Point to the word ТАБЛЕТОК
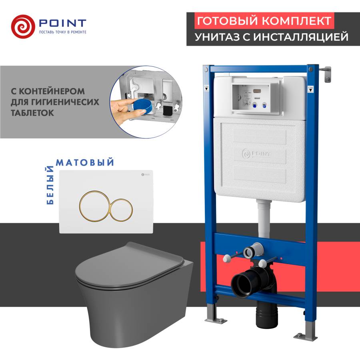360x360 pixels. click(x=32, y=113)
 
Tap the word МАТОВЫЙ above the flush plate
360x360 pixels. click(x=85, y=162)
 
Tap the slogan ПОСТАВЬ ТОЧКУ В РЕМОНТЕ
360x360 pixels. click(x=62, y=31)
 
